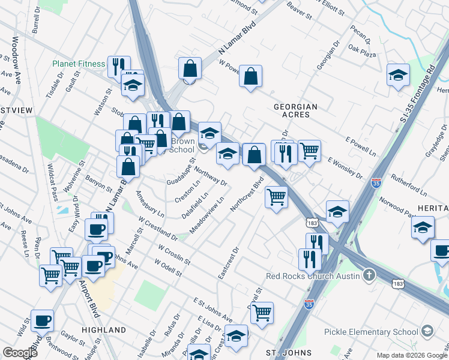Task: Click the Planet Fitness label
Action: pos(78,64)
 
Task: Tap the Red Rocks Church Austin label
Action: pos(313,276)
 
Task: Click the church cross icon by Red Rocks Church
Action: pos(369,276)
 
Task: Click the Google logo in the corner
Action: pos(20,353)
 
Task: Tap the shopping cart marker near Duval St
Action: pos(262,312)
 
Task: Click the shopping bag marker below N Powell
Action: pos(251,76)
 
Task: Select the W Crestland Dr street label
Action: pos(158,230)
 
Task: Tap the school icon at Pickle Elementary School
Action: pos(427,331)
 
